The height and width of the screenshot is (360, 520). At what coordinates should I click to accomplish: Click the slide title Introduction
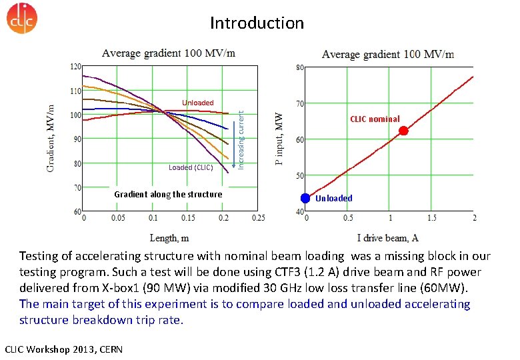point(257,23)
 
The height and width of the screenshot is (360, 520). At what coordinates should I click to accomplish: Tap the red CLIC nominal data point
point(403,131)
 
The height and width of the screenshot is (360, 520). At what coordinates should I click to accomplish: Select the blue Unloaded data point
point(305,198)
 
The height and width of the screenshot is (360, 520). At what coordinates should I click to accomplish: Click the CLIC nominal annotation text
point(375,119)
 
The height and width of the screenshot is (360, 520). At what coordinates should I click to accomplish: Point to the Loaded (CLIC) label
point(191,167)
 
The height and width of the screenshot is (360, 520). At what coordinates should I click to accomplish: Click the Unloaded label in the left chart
point(198,103)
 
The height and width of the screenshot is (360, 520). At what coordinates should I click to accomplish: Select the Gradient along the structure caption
point(168,195)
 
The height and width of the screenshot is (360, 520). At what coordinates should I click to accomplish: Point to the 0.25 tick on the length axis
point(258,218)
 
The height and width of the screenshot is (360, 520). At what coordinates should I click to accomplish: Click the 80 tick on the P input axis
point(299,67)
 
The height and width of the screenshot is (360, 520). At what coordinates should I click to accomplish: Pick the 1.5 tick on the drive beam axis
point(432,218)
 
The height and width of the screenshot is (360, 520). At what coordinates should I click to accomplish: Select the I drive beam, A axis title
point(388,238)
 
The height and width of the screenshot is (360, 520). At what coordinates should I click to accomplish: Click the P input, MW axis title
point(280,139)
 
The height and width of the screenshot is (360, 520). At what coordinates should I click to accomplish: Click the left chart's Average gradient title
point(168,53)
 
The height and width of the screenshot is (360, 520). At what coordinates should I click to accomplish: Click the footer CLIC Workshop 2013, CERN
point(59,349)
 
